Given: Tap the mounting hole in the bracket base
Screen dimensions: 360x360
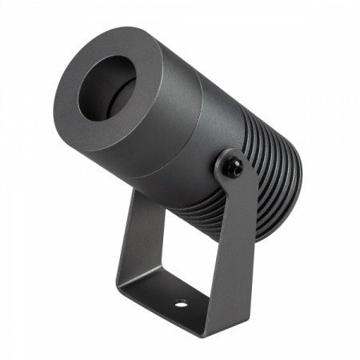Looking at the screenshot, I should coord(181,303).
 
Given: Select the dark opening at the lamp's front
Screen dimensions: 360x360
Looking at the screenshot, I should coord(107,89).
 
